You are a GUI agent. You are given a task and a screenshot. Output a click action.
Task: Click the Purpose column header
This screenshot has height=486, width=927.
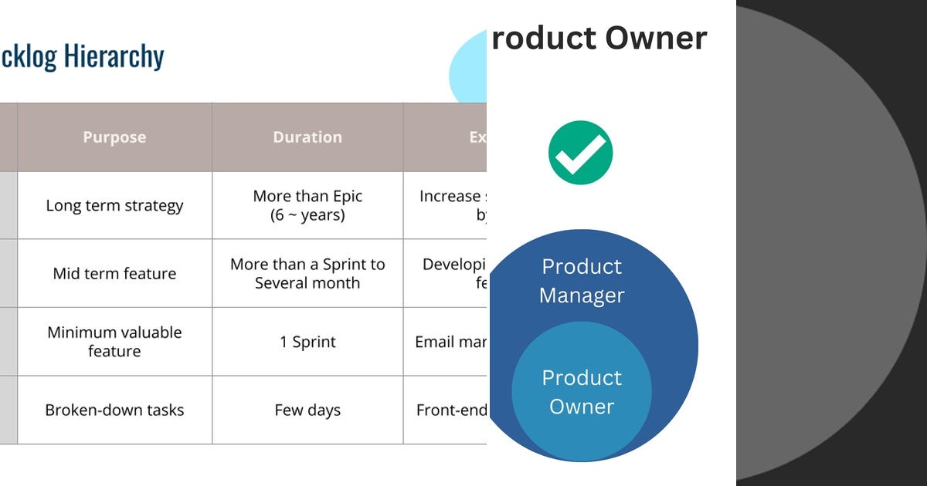[114, 137]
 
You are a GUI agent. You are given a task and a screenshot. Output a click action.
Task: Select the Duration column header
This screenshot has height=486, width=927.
[307, 137]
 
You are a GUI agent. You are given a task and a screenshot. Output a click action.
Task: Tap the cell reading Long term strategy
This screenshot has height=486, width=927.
[114, 205]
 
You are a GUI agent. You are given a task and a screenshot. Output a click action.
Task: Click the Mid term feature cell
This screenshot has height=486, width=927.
[114, 273]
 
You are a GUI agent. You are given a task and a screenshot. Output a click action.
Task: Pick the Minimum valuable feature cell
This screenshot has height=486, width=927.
[114, 342]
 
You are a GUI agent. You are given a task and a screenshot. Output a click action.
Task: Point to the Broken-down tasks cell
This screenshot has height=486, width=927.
[114, 410]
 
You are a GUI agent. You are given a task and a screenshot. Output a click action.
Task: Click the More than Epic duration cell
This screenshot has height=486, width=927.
[307, 205]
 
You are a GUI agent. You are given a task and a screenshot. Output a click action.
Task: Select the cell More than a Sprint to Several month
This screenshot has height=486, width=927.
[307, 273]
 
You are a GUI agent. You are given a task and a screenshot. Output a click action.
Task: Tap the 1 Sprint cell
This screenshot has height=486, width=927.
[307, 342]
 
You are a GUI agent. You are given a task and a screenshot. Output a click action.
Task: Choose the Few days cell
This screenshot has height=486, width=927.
[307, 410]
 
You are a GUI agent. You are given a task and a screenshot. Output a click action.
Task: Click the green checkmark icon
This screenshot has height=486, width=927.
[580, 153]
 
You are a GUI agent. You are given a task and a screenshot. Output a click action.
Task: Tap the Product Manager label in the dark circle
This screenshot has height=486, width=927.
[582, 281]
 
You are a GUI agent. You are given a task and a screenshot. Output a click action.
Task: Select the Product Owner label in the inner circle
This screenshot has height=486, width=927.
[582, 392]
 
